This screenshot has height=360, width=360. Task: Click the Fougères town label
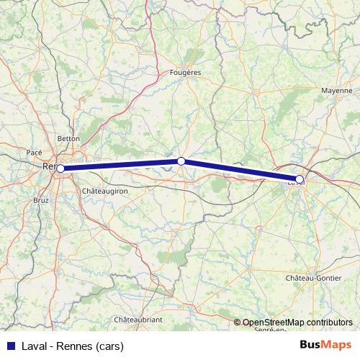185,73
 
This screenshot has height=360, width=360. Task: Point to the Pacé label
34,153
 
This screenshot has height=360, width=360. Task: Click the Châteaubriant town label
138,319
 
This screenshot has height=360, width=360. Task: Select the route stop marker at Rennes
60,168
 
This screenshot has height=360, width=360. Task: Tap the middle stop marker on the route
181,161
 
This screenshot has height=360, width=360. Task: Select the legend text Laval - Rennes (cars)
72,346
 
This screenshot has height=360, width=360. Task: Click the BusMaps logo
326,345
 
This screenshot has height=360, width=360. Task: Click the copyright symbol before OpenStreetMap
238,323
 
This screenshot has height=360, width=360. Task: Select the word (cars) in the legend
109,346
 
